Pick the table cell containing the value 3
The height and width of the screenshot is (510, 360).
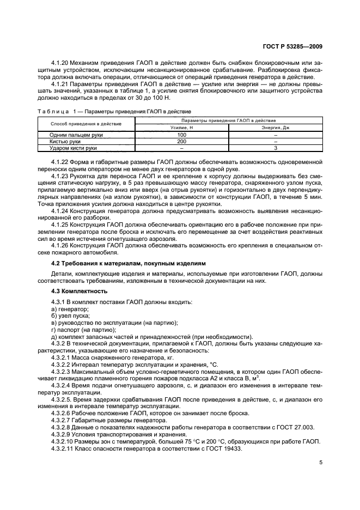[276, 147]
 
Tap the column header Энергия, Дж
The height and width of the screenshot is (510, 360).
[276, 127]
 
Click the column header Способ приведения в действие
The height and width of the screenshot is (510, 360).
[86, 123]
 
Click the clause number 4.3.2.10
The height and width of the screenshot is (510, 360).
[62, 434]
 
